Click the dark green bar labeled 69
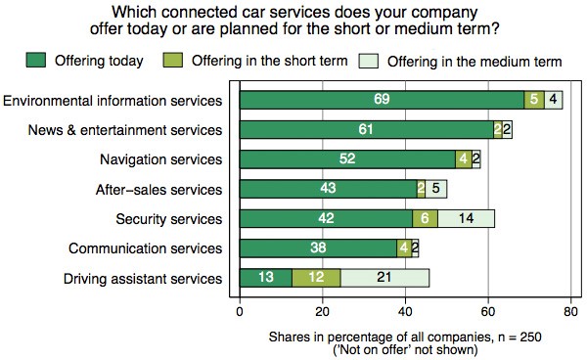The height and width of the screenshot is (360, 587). click(x=382, y=100)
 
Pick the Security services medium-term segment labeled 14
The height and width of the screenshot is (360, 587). click(x=466, y=219)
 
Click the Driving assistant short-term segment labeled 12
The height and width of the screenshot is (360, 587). click(x=316, y=278)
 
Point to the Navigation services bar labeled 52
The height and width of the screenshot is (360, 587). click(x=346, y=159)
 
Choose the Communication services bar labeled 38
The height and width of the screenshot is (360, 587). click(x=318, y=248)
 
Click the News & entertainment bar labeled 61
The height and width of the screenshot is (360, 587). click(x=365, y=129)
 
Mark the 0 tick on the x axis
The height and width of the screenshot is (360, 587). click(x=240, y=313)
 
